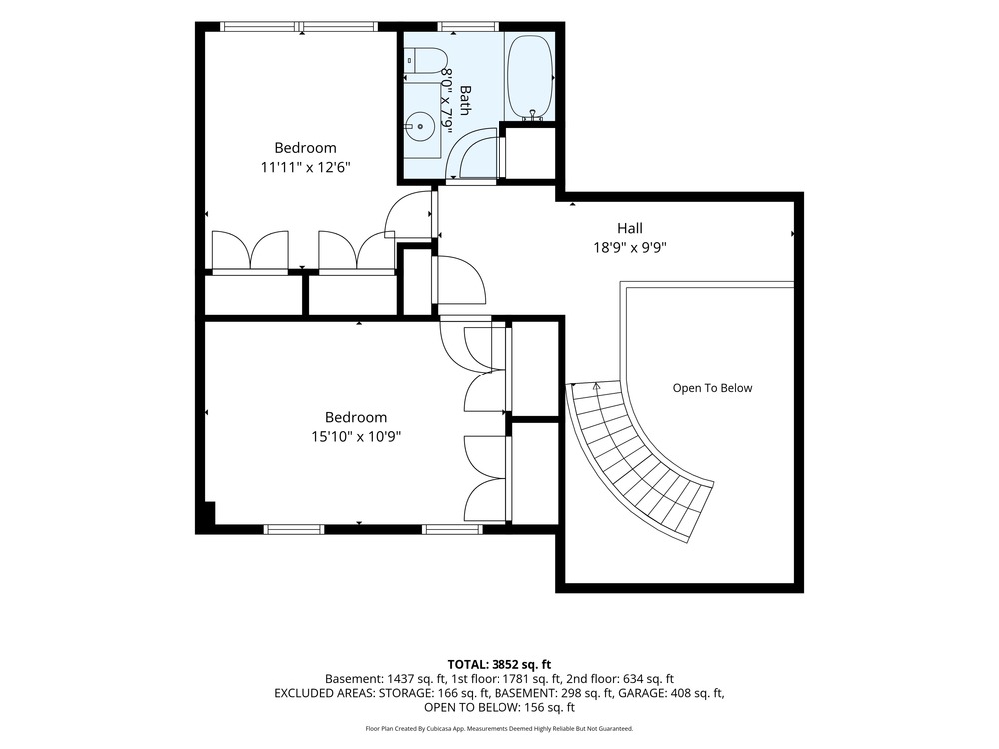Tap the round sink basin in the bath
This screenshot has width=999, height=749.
[420, 126]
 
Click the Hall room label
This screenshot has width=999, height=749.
[630, 228]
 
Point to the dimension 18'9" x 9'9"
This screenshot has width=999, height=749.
[630, 247]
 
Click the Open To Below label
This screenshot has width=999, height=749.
[712, 388]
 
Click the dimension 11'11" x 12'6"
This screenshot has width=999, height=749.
[305, 168]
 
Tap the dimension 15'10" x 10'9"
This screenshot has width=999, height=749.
[356, 437]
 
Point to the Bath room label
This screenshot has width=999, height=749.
[465, 100]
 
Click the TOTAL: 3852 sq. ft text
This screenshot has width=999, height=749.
[499, 665]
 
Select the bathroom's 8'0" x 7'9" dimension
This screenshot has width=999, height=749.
[447, 100]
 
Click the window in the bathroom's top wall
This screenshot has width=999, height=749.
[468, 26]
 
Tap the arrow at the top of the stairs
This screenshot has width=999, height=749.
[596, 384]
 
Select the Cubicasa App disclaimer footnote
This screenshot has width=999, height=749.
[499, 728]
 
